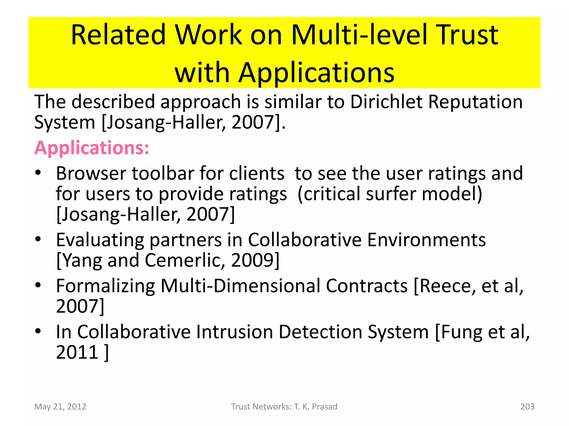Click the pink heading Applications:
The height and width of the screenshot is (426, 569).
pyautogui.click(x=92, y=148)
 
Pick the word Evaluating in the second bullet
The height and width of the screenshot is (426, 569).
pyautogui.click(x=100, y=240)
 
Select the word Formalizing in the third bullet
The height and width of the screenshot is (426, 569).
pyautogui.click(x=106, y=286)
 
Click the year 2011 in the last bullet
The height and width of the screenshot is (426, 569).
pyautogui.click(x=77, y=352)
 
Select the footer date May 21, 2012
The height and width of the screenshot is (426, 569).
pyautogui.click(x=60, y=407)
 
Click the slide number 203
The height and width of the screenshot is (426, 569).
pyautogui.click(x=527, y=407)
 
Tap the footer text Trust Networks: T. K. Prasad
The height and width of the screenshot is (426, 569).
pyautogui.click(x=284, y=407)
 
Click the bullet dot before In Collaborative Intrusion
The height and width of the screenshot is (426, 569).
pyautogui.click(x=38, y=331)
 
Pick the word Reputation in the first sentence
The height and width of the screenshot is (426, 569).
pyautogui.click(x=475, y=102)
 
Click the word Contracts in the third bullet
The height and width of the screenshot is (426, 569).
pyautogui.click(x=367, y=286)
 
